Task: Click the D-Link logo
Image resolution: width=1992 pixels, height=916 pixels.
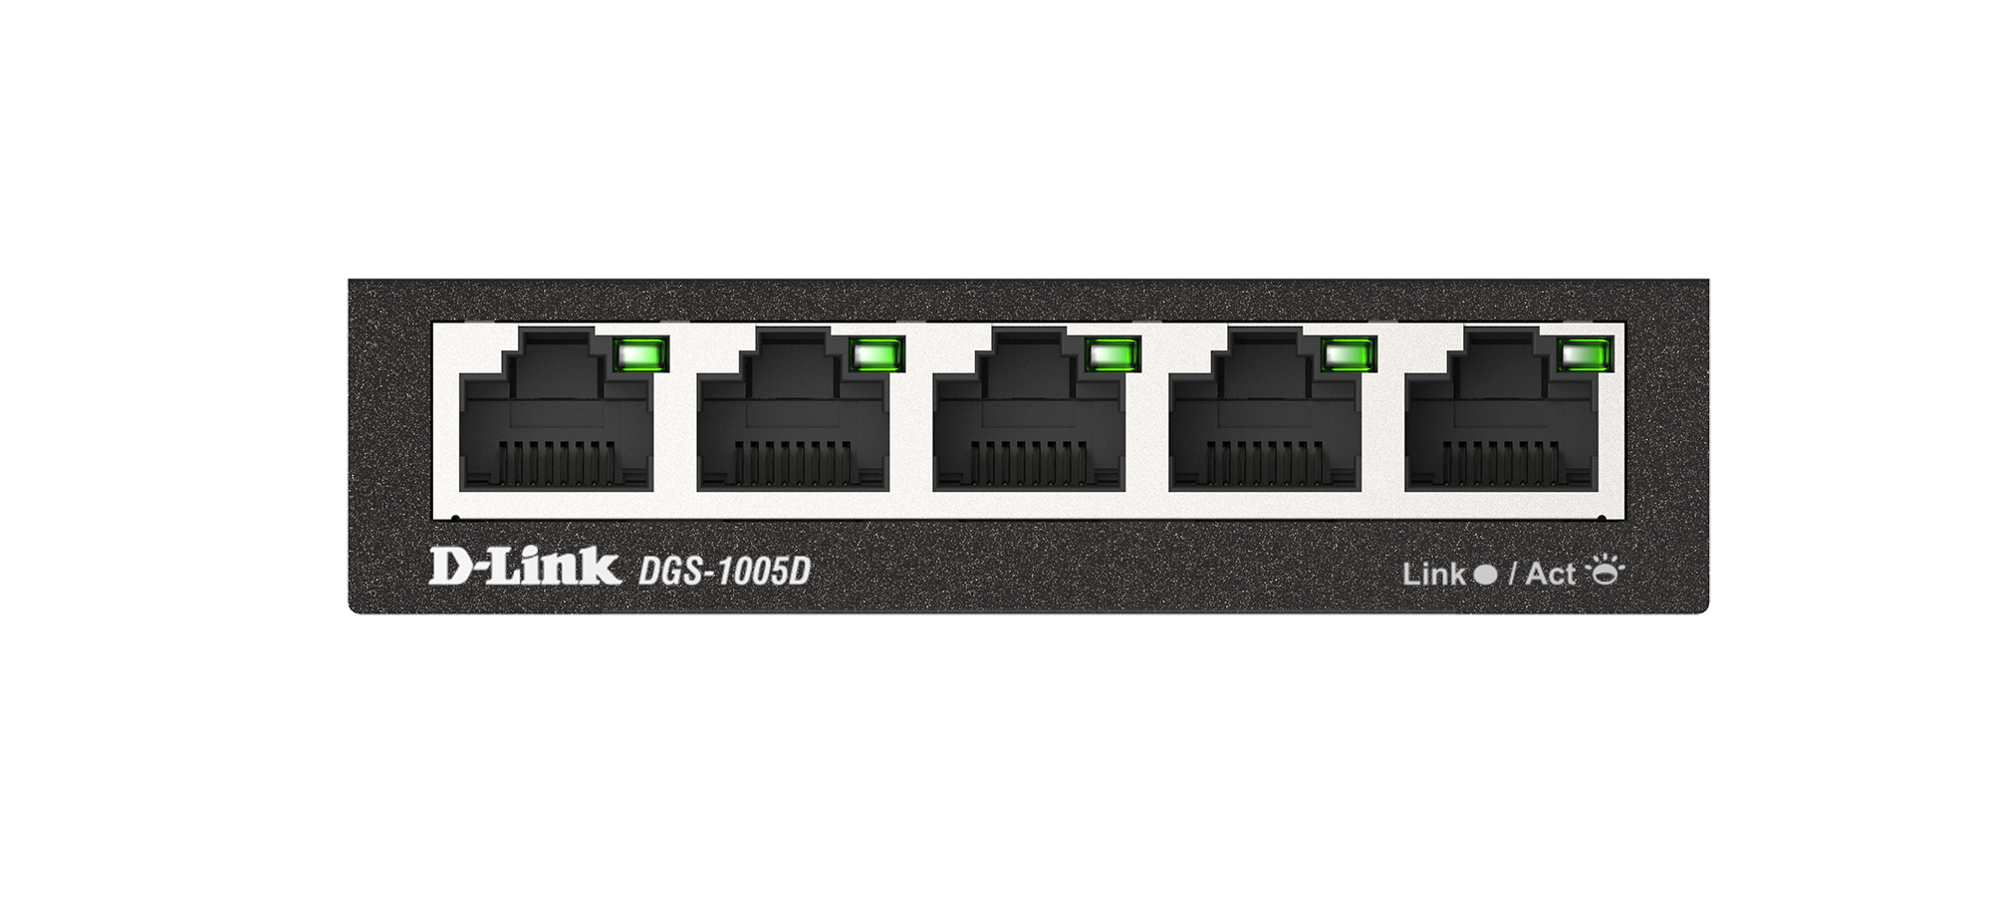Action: pos(524,567)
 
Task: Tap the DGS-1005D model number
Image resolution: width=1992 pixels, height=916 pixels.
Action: pos(724,572)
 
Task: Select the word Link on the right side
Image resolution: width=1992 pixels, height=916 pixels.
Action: pos(1433,574)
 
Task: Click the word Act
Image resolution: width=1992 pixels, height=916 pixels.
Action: pos(1551,574)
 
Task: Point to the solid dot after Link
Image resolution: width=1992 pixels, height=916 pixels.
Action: pos(1485,574)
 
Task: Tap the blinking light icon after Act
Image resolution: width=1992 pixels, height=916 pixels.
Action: pos(1605,571)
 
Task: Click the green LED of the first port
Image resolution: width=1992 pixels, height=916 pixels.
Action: pos(641,354)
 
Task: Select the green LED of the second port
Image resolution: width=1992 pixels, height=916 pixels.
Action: pos(877,354)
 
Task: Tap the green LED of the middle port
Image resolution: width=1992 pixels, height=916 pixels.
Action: pos(1113,354)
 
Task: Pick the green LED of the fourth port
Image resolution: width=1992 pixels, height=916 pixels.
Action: pos(1349,354)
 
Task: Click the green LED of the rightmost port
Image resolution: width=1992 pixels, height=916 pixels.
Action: pos(1584,354)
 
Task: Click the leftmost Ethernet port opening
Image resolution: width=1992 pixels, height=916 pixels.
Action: pos(556,418)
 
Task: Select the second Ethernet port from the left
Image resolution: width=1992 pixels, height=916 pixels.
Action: pos(792,418)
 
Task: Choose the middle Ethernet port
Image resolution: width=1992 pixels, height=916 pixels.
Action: pos(1028,418)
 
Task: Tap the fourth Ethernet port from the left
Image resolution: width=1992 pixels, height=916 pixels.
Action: pos(1264,418)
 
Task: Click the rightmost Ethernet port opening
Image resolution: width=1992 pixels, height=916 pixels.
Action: pos(1500,418)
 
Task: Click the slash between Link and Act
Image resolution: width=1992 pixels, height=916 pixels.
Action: pos(1512,574)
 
